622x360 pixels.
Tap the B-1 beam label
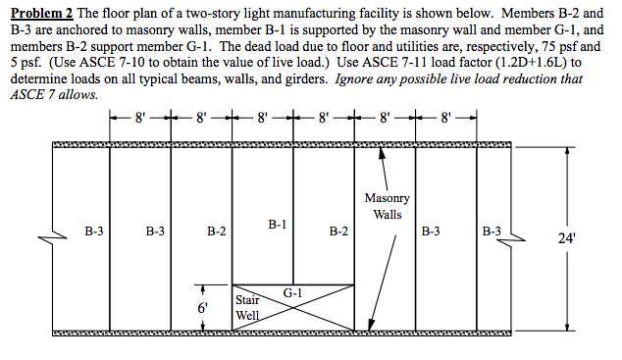point(277,225)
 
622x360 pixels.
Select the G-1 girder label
point(291,292)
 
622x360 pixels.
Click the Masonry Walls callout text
point(387,206)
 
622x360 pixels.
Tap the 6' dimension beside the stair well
point(203,308)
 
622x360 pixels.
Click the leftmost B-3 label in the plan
point(94,232)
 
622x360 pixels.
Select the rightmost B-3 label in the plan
point(492,232)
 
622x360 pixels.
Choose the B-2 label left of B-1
point(217,232)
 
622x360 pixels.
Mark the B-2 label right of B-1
point(338,232)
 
